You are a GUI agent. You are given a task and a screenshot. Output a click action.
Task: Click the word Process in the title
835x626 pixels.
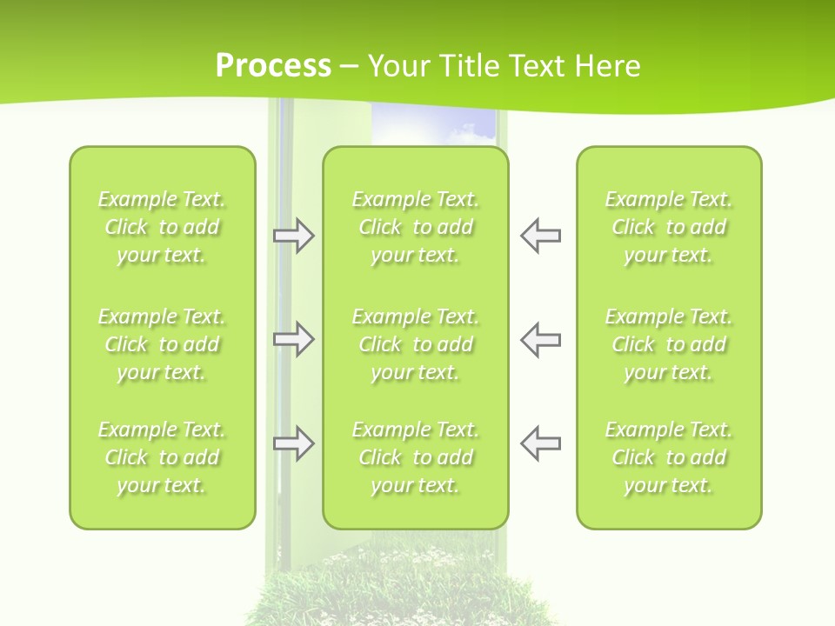pos(273,65)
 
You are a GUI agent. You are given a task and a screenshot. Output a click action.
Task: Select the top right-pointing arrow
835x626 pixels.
pos(293,236)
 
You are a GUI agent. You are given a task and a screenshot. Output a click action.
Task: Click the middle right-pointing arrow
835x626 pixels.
pos(293,339)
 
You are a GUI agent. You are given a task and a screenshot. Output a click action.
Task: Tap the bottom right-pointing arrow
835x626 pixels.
pos(293,443)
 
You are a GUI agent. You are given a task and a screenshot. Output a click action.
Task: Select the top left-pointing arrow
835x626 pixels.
pos(540,236)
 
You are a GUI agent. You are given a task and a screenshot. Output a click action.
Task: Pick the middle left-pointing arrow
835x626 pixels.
pos(540,339)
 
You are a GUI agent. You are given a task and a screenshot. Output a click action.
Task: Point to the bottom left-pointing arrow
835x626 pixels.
pos(540,443)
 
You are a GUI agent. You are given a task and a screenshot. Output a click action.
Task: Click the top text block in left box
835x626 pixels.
pos(162,227)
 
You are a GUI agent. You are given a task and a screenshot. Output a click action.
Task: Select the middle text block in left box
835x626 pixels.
pos(162,344)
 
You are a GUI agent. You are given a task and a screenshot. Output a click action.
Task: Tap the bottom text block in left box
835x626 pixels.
pos(162,457)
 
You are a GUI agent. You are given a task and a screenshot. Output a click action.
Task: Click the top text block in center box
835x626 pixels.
pos(415,227)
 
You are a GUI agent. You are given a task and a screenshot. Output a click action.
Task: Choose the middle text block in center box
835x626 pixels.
pos(415,344)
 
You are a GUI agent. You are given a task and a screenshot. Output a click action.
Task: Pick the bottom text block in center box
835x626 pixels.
pos(415,457)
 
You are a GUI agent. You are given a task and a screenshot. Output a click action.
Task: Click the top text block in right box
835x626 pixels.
pos(668,227)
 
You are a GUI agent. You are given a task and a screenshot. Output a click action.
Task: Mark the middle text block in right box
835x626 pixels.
pos(668,344)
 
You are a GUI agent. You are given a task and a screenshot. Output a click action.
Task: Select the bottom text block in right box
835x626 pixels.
pos(668,457)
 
